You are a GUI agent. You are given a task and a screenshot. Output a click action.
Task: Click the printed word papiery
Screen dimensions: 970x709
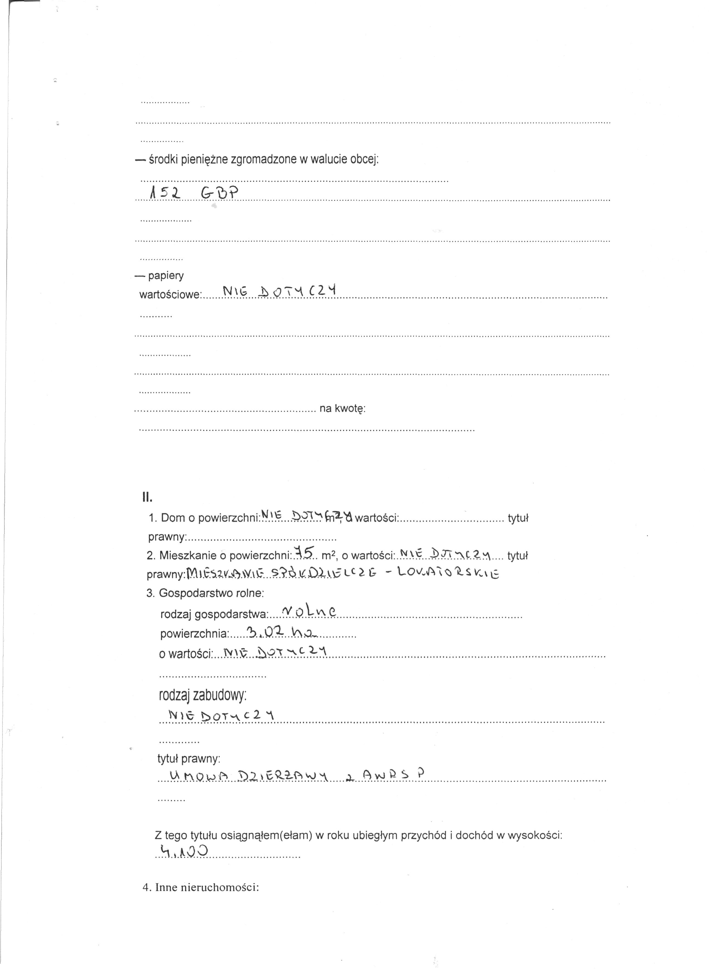coord(166,275)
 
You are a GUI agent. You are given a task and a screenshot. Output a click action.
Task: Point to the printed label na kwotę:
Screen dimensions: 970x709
coord(342,408)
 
